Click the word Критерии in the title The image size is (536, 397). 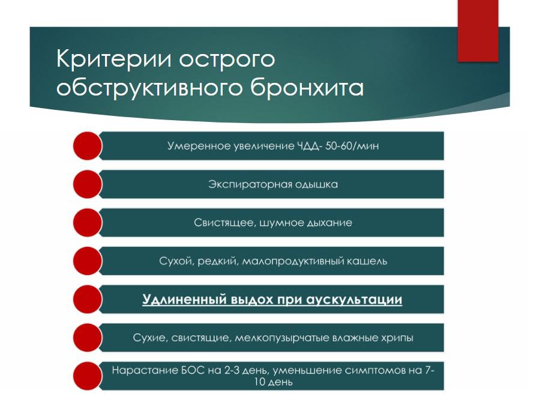tap(113, 58)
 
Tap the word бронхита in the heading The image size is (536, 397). tap(307, 88)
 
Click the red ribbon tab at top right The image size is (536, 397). tap(478, 31)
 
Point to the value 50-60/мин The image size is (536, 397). tap(352, 146)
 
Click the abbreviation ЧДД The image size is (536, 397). tap(309, 147)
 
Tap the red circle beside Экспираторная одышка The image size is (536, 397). tap(88, 184)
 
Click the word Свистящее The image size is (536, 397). tap(224, 223)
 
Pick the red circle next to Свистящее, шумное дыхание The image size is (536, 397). tap(88, 223)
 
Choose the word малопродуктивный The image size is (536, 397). tap(293, 262)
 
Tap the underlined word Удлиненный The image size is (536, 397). tap(184, 300)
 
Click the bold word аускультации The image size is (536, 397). tap(354, 300)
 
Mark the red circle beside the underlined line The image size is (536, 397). tap(88, 299)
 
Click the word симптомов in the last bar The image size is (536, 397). tap(375, 371)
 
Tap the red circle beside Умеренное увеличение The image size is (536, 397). tap(88, 146)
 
